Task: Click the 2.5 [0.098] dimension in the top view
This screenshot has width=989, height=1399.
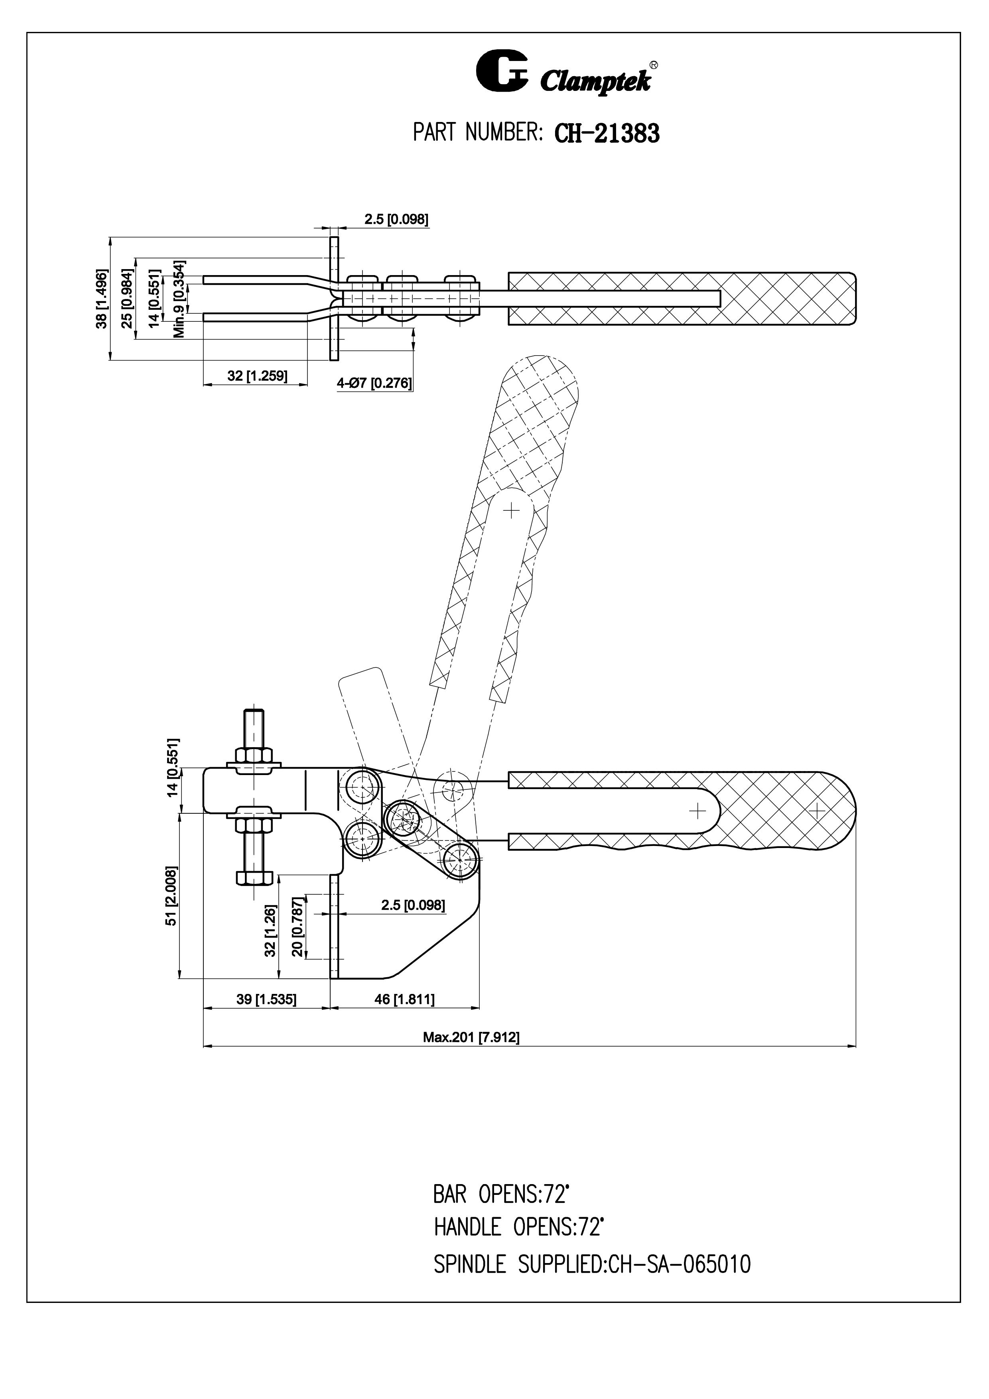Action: (x=396, y=219)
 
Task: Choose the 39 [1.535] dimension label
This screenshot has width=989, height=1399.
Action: (x=266, y=999)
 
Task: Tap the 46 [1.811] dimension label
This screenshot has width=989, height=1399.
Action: (x=405, y=999)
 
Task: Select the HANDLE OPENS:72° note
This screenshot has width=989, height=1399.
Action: (x=518, y=1226)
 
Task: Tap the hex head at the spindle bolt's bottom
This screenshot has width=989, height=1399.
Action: (x=255, y=878)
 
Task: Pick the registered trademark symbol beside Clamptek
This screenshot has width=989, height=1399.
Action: (x=653, y=64)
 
